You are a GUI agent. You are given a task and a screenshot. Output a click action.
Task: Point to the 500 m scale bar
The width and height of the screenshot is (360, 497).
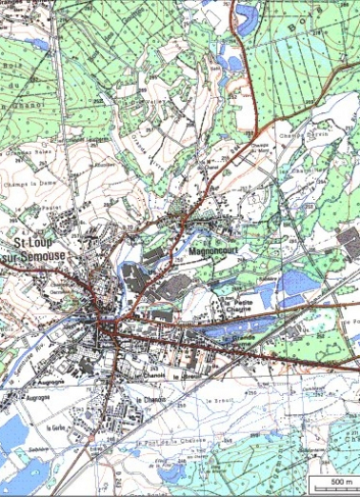tap(336, 489)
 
